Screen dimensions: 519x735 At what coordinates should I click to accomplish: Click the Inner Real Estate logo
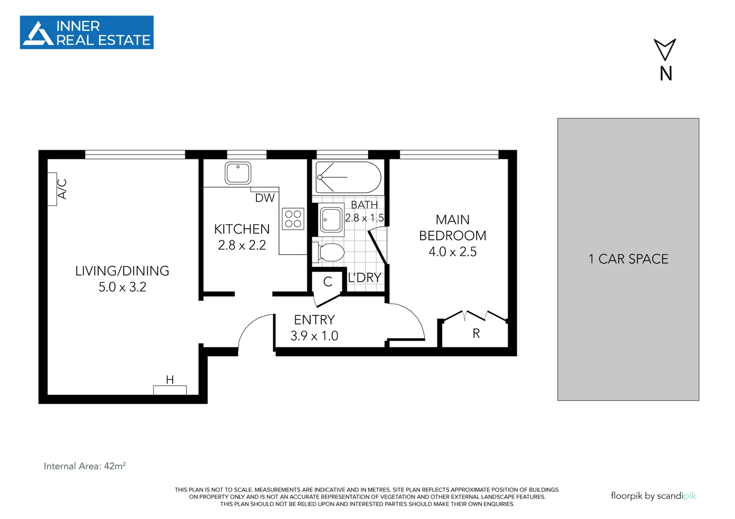87,32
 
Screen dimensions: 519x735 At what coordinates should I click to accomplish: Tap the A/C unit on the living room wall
52,189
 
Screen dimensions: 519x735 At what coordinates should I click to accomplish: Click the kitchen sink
238,173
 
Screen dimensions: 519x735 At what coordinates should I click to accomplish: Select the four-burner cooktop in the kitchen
293,219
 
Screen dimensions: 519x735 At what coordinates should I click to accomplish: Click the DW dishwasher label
265,198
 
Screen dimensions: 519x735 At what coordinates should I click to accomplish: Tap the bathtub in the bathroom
348,177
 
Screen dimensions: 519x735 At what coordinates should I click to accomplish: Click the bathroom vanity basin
331,220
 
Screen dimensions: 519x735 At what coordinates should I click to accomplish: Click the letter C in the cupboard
328,282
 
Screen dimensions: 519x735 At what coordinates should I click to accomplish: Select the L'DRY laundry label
364,278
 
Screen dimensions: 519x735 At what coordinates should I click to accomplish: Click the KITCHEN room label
241,229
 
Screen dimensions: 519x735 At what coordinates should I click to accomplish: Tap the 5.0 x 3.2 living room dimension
122,287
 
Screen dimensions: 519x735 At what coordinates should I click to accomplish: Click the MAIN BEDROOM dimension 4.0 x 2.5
452,252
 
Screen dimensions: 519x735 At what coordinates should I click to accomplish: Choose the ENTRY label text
314,320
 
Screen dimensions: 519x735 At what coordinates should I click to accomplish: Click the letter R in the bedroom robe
476,334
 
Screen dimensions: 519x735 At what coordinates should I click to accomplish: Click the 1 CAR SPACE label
628,259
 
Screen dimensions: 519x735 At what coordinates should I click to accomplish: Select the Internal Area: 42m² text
85,466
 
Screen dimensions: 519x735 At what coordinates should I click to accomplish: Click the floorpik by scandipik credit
653,496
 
